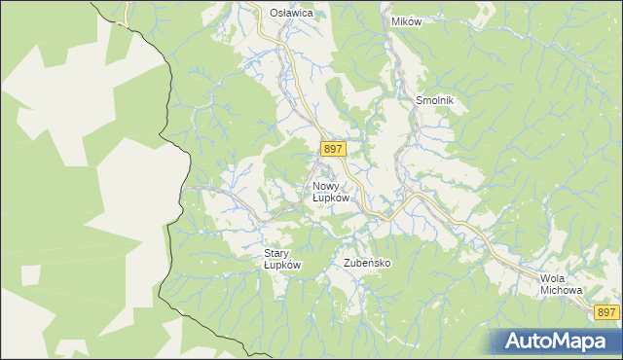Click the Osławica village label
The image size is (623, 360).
[x=291, y=13]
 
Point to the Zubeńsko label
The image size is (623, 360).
[x=367, y=263]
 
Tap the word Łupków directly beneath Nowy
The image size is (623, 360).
[x=331, y=198]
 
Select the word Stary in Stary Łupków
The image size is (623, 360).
[x=277, y=253]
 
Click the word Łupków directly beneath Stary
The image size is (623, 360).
[x=283, y=265]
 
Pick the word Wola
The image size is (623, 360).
[x=552, y=278]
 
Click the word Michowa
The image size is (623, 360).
[x=561, y=290]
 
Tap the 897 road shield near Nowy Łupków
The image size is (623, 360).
[x=332, y=148]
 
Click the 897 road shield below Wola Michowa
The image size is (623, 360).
[x=605, y=311]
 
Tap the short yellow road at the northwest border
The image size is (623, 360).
[x=123, y=16]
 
